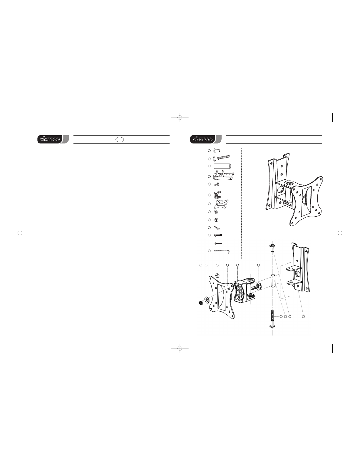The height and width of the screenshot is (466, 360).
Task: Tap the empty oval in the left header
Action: coord(120,140)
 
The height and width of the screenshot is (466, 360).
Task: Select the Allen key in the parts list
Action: coord(222,251)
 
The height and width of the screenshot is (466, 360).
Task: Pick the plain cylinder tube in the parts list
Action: coord(222,166)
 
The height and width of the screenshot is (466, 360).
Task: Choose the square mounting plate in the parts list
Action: coord(221,204)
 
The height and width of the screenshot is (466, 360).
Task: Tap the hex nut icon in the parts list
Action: coord(216,220)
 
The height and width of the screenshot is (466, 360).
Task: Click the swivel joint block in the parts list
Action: coord(217,195)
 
